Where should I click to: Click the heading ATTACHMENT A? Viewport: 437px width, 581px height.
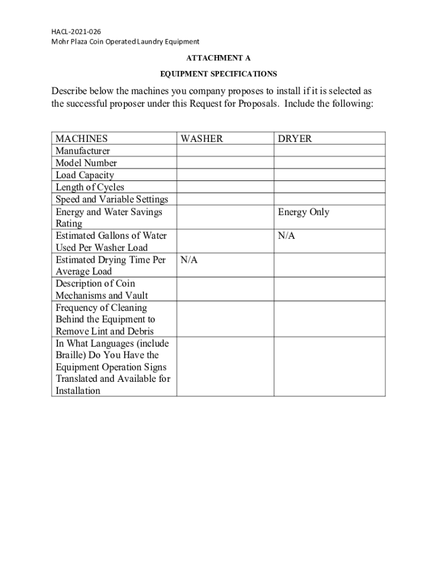coord(218,58)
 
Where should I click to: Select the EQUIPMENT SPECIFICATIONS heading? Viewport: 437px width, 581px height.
coord(218,74)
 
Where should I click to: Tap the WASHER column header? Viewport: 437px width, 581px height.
coord(201,138)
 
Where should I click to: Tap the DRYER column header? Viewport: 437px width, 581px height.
coord(295,138)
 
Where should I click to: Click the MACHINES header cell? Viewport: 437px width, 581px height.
coord(81,138)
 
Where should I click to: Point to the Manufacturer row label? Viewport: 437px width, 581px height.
coord(83,151)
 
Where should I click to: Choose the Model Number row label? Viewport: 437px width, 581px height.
coord(86,163)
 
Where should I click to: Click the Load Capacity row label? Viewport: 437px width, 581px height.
coord(85,175)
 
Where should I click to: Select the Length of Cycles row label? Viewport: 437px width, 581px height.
coord(90,187)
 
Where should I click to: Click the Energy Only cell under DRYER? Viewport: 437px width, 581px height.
coord(303,212)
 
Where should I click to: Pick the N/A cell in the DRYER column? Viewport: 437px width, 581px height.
coord(286,235)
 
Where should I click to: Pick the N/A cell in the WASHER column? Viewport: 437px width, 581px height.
coord(189,260)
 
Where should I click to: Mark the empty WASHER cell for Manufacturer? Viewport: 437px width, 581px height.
coord(225,151)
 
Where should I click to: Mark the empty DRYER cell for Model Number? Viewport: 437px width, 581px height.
coord(329,163)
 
